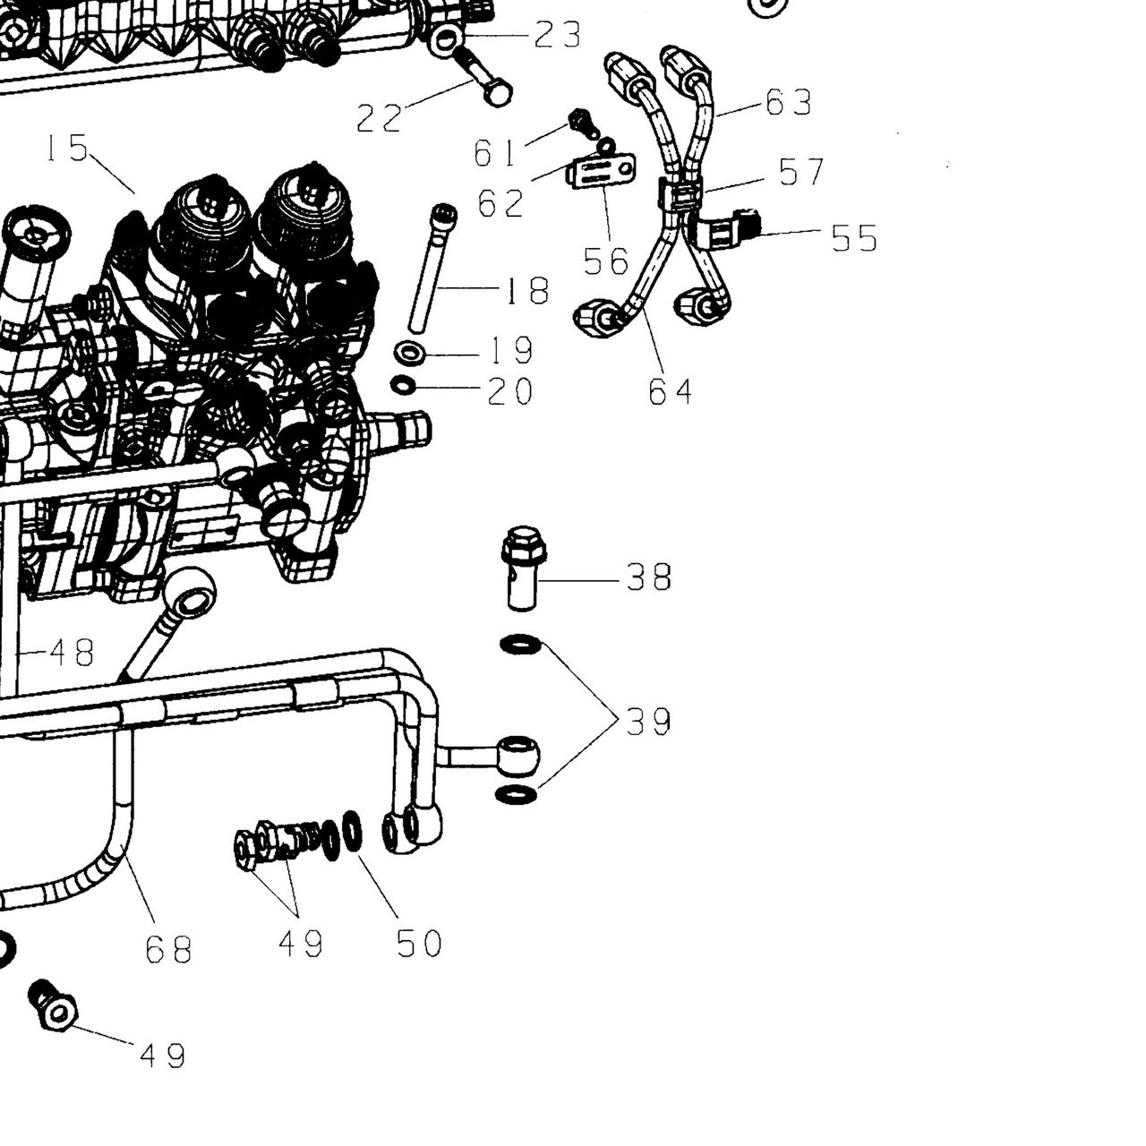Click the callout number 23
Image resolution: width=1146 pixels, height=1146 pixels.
(557, 35)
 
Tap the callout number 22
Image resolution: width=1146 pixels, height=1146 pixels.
(379, 118)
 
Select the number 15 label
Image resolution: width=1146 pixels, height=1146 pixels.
(66, 148)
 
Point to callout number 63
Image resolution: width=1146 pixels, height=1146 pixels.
(788, 102)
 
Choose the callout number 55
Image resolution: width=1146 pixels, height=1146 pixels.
(854, 238)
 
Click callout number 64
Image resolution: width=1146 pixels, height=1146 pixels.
(671, 391)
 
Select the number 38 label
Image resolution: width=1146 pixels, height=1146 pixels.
(649, 577)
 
